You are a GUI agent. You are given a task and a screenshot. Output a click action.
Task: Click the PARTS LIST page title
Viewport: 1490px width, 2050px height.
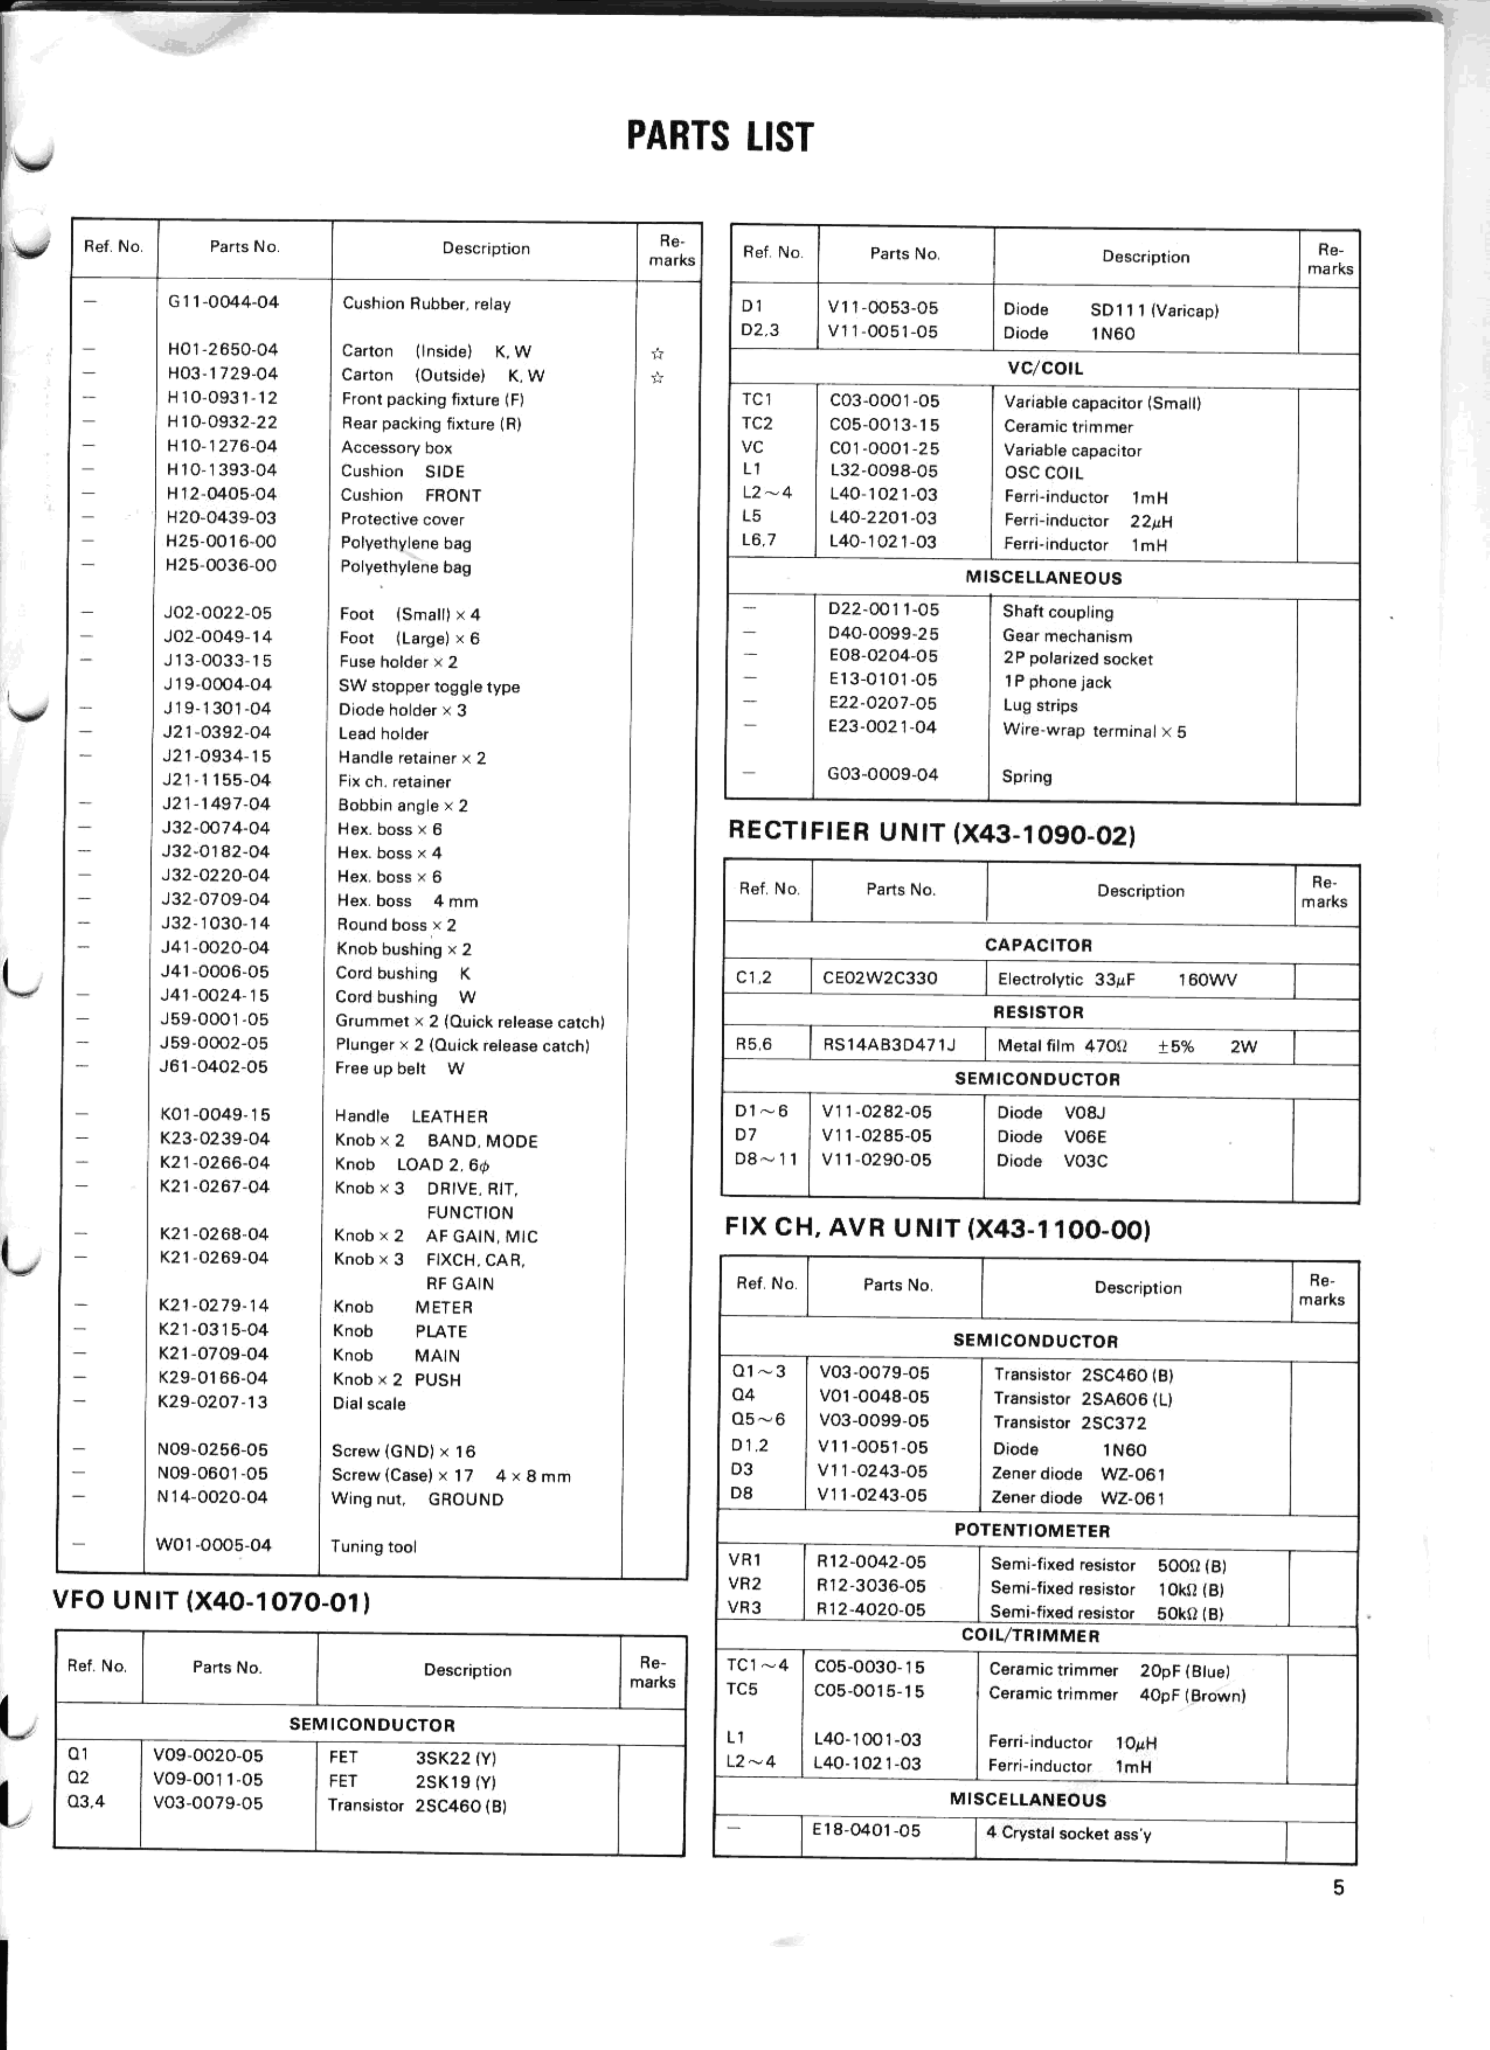pos(719,136)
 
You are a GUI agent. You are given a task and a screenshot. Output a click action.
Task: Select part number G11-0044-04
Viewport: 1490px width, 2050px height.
pos(223,302)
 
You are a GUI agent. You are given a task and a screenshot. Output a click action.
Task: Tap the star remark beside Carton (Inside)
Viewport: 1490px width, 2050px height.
pos(657,353)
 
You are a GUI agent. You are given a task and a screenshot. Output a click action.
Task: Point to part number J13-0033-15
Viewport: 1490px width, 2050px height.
pos(217,661)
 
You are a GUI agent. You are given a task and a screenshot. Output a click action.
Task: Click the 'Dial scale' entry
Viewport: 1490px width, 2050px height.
pos(369,1404)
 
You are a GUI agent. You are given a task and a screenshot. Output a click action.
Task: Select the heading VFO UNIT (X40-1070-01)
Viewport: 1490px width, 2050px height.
pos(211,1602)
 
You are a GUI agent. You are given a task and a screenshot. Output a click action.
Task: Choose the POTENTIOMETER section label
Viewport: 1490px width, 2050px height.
pos(1032,1531)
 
